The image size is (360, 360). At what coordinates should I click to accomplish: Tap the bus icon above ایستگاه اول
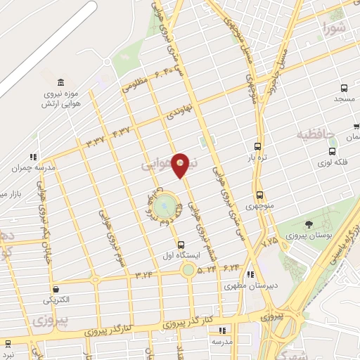182,244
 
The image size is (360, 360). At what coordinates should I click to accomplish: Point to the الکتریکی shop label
56,300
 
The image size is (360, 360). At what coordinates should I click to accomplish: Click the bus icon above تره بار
257,148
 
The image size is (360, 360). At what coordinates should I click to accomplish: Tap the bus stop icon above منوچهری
259,194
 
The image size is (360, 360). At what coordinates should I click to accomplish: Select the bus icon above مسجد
344,88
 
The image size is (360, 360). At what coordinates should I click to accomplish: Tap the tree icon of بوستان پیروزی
309,225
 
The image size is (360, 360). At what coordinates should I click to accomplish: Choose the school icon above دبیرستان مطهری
252,275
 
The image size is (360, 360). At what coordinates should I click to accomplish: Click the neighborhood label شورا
335,29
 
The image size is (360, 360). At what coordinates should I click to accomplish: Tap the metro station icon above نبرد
8,343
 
